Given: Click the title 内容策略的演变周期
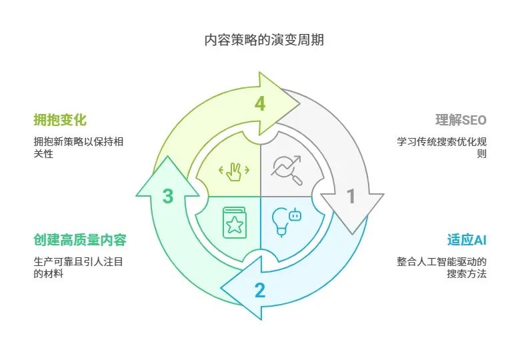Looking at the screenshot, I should point(264,40).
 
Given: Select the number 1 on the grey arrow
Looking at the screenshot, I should point(351,197).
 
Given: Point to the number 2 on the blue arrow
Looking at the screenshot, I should point(259,290).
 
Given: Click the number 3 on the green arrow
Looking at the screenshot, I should point(168,197).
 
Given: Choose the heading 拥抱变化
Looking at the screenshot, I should point(60,120).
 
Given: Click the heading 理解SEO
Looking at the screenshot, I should point(461,120).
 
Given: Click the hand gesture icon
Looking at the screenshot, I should point(234,171).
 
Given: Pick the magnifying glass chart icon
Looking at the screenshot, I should point(287,170).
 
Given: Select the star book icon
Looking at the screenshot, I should point(234,223).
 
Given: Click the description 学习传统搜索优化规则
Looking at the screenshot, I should point(442,147).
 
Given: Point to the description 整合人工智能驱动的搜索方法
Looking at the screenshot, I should point(442,267).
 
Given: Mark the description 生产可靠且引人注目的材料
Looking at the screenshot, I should point(78,267).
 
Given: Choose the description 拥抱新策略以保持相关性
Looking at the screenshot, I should point(78,147).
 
